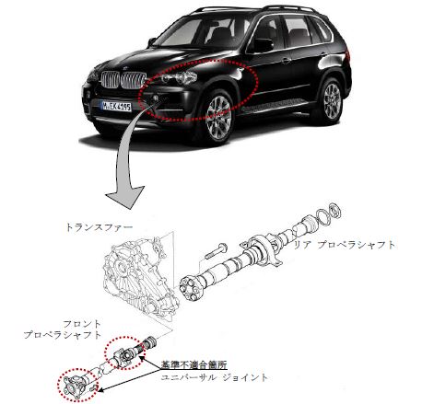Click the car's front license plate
click(116, 107)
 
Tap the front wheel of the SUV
click(217, 118)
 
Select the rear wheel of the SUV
click(331, 101)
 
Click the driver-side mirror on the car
click(262, 45)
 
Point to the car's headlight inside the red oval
click(179, 76)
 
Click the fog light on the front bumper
click(156, 98)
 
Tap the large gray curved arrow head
click(126, 197)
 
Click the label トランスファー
click(100, 227)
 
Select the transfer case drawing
click(141, 275)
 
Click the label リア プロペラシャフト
click(345, 245)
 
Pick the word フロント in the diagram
click(82, 324)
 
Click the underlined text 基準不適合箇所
click(194, 364)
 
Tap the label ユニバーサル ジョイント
click(214, 377)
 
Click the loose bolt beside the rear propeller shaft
click(216, 250)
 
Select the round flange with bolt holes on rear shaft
click(190, 288)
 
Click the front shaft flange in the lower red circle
click(76, 385)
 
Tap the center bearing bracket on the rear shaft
click(262, 251)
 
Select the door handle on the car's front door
click(287, 61)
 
